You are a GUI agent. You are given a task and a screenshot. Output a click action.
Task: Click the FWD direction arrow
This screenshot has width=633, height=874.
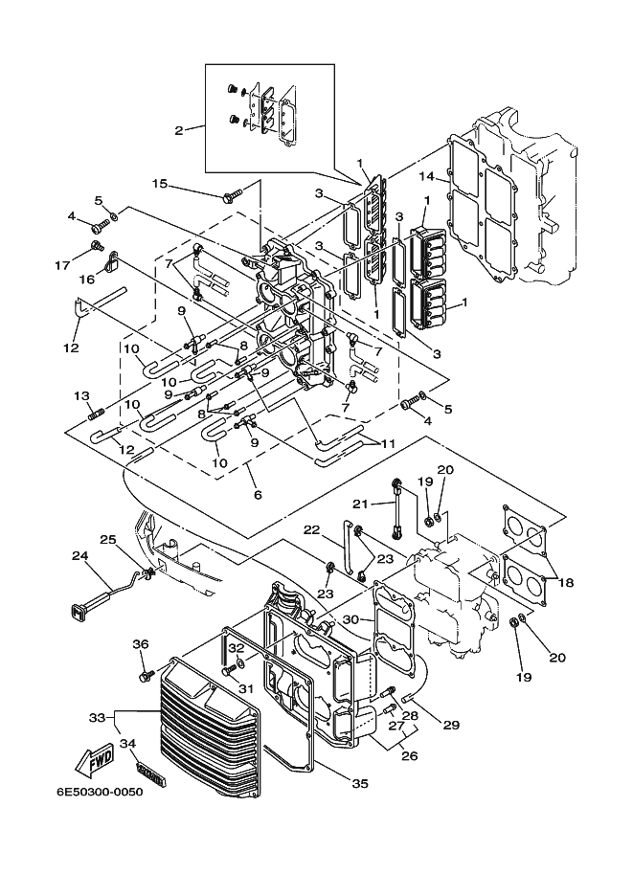point(96,761)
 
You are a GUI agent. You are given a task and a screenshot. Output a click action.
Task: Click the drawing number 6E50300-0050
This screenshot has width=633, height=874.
point(100,792)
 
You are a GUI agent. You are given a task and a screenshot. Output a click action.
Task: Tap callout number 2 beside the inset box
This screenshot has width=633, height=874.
point(178,131)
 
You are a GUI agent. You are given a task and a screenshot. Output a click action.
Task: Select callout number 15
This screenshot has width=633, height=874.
point(160,183)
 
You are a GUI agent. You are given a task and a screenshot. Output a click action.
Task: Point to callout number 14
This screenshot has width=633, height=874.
point(427,177)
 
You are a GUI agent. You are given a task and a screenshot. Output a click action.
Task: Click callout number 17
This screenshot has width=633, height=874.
point(101,265)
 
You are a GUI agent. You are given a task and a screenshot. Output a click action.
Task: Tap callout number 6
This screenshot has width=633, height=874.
point(257,494)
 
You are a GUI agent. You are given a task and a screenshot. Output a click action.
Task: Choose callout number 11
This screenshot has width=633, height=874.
point(388,443)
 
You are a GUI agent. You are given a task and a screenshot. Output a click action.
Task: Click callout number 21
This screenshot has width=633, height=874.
point(360,504)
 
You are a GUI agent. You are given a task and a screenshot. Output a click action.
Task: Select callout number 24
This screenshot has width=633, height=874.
point(79,556)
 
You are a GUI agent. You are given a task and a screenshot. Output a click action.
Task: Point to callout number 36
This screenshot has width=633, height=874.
point(141,644)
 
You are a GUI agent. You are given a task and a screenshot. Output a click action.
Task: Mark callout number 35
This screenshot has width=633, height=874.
point(360,783)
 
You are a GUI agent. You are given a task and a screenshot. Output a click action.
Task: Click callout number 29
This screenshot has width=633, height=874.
point(451,725)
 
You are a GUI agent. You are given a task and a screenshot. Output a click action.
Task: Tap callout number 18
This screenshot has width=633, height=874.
point(566,582)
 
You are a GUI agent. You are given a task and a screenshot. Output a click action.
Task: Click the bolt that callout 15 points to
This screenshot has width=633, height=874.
point(234,195)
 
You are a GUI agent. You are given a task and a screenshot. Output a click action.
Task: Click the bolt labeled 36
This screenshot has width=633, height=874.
point(147,676)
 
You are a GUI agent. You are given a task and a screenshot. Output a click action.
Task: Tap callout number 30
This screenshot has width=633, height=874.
point(350,619)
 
